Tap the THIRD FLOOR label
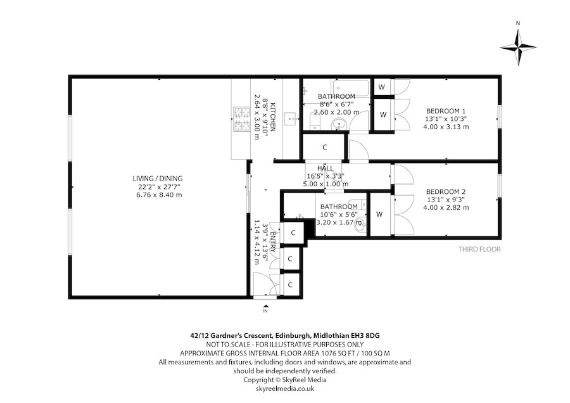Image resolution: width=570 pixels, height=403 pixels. pos(479,249)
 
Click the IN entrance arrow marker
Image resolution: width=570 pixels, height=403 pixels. pos(265,309)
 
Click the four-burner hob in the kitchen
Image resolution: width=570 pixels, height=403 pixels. pos(243,119)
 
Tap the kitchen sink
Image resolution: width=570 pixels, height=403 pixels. pos(292,118)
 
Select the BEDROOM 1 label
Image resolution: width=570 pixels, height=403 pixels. pos(446,110)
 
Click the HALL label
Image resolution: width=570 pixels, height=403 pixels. pos(326,168)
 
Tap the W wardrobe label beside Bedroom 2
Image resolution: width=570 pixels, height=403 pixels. pos(380,214)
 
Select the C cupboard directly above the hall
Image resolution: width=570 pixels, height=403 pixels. pos(324,148)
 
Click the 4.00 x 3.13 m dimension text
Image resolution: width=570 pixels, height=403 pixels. pos(446,127)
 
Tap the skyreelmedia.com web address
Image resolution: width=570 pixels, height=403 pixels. pos(284,388)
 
